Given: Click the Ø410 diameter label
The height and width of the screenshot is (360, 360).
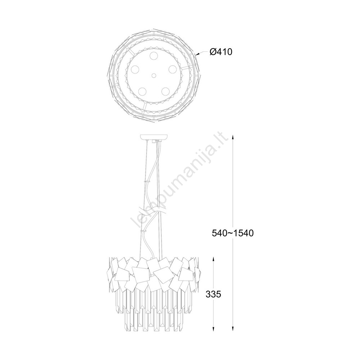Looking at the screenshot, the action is [221, 52].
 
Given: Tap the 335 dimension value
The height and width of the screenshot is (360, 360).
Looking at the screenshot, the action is [213, 294].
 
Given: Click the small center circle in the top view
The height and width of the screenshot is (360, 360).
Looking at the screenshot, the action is [154, 75].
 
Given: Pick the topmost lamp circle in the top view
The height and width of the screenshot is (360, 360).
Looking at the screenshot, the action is [154, 56].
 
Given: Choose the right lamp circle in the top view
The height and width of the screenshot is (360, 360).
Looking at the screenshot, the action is [172, 69].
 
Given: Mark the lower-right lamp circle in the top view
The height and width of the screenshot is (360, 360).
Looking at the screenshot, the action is [165, 91].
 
